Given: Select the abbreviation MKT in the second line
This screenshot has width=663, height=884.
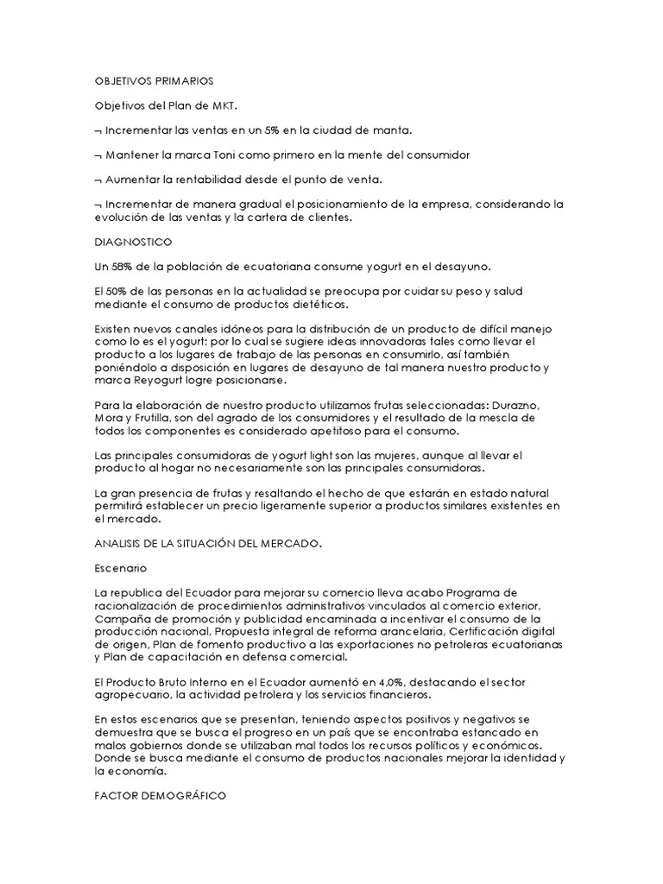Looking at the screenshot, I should (x=224, y=105).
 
